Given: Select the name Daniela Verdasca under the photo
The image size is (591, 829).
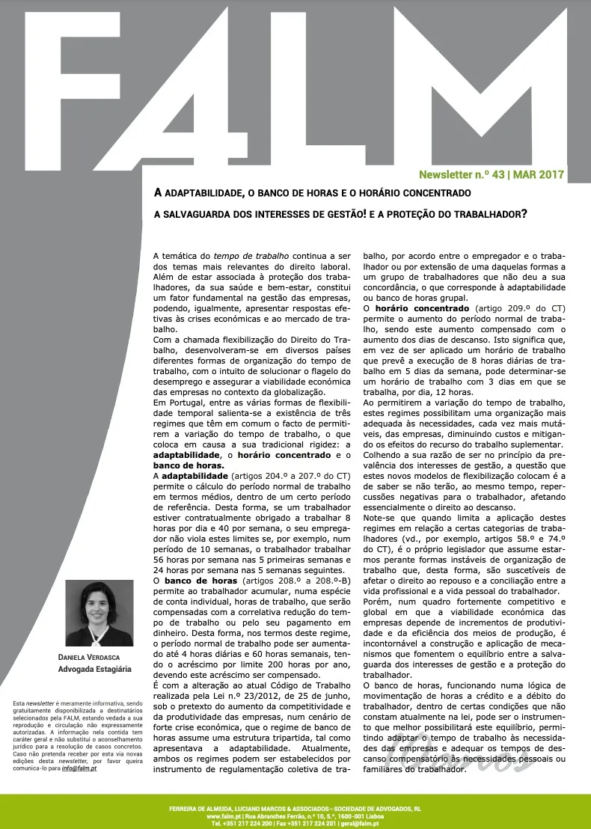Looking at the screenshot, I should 94,657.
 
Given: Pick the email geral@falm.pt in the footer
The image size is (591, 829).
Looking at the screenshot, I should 358,824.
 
